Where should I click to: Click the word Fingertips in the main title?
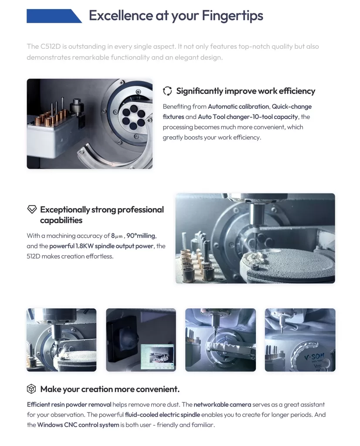click(x=232, y=16)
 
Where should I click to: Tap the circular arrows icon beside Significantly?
click(x=167, y=91)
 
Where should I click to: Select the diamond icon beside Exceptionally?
click(x=32, y=209)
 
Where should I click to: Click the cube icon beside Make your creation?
click(x=31, y=389)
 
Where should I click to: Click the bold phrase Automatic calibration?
click(x=238, y=106)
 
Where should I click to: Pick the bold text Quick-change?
click(x=292, y=107)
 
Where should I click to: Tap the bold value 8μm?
click(x=117, y=236)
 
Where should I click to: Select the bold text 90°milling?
click(x=141, y=236)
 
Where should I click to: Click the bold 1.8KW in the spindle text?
click(x=84, y=246)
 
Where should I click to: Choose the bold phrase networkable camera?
click(x=222, y=405)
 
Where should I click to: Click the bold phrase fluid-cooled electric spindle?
click(x=163, y=415)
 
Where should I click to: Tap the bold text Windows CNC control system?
click(x=78, y=425)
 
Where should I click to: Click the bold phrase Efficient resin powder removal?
click(x=69, y=405)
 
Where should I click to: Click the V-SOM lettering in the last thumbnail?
click(x=314, y=357)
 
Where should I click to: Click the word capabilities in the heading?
click(x=61, y=220)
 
